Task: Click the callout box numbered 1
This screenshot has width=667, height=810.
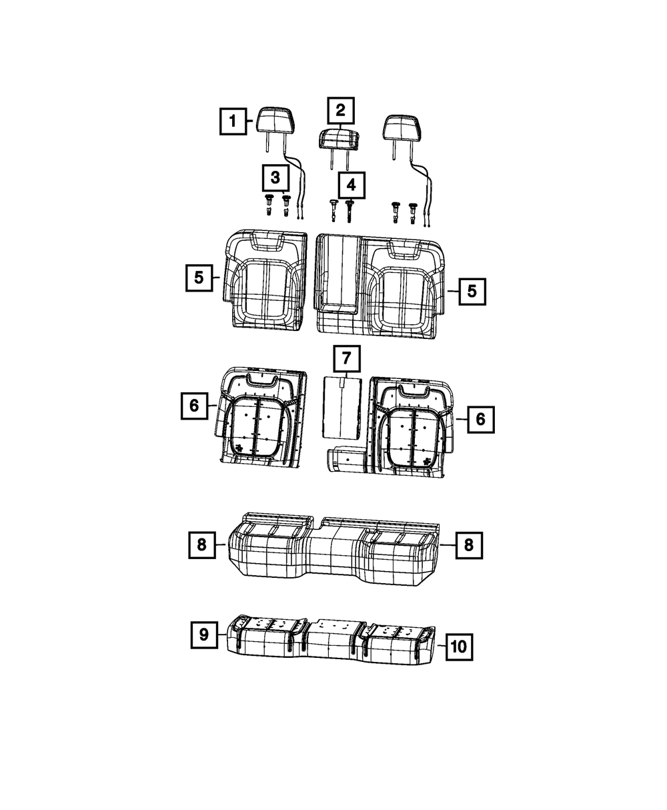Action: pos(233,121)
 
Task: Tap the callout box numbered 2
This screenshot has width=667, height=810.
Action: pos(340,111)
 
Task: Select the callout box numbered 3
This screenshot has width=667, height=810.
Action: pos(275,178)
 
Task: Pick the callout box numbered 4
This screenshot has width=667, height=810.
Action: pos(351,185)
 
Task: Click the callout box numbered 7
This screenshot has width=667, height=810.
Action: pos(346,358)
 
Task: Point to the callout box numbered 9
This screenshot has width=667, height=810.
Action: pos(204,635)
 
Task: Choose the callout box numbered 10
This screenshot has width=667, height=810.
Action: pos(459,647)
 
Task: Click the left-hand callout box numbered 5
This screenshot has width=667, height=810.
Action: pos(199,278)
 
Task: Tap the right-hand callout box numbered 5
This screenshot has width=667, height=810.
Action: pos(472,292)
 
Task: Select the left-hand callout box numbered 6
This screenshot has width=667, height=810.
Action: pos(194,406)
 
